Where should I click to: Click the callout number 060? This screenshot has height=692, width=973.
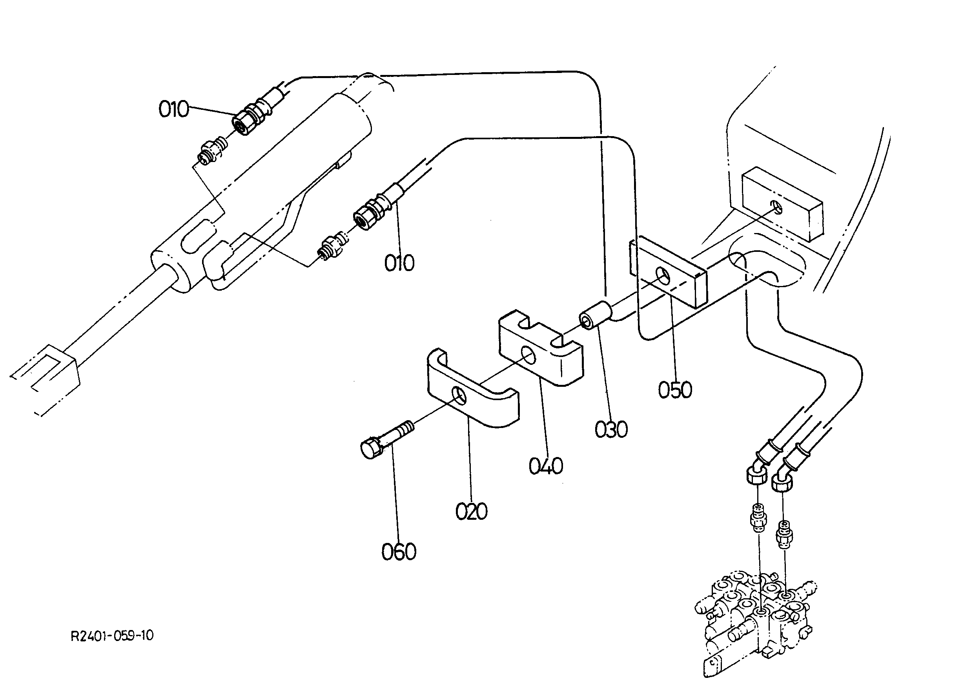pos(399,552)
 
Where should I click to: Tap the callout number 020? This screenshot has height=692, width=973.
pos(471,512)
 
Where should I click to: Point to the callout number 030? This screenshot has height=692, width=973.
pos(611,430)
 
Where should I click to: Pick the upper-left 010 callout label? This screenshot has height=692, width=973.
pos(173,109)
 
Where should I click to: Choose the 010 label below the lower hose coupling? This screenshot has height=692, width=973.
pos(399,263)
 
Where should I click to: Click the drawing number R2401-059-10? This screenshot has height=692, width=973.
pos(112,636)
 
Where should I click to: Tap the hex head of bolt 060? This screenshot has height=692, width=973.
pos(370,450)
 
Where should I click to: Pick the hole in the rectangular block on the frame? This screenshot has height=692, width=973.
pos(777,208)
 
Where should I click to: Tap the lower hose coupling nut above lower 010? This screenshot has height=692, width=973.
pos(364,218)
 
